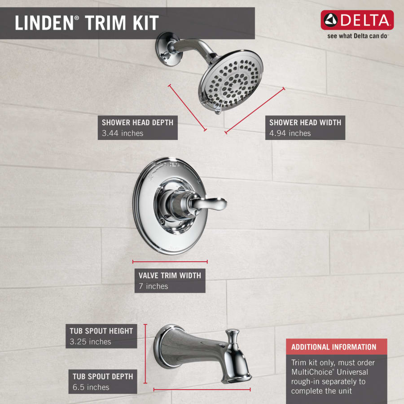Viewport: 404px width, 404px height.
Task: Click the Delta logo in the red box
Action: tap(357, 20)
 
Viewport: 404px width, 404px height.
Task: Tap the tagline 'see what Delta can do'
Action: tap(357, 35)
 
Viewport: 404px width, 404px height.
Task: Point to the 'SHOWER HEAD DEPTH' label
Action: tap(137, 122)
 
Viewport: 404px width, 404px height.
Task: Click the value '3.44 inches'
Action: tap(123, 133)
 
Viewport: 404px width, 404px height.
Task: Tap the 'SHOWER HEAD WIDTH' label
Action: tap(305, 122)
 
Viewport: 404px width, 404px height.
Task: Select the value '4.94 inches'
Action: tap(290, 133)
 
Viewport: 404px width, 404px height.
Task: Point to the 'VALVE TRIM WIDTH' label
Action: tap(170, 275)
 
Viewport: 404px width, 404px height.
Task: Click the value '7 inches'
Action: tap(153, 286)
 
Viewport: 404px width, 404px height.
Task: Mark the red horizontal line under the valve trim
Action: tap(170, 261)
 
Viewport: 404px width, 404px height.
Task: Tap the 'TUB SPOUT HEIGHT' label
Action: tap(101, 331)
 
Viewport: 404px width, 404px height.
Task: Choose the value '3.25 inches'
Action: tap(90, 342)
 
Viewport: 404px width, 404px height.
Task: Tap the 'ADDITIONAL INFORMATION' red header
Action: tap(334, 347)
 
